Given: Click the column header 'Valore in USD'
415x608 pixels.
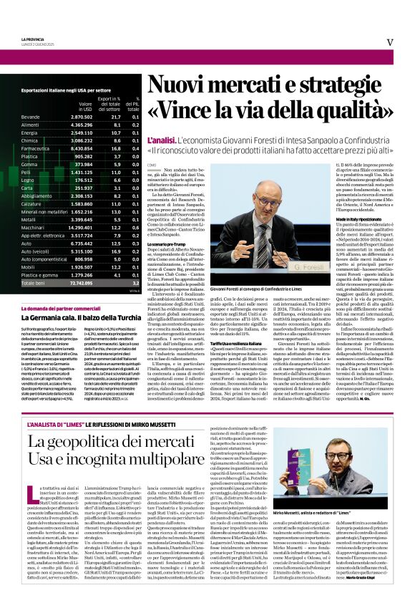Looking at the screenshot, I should pyautogui.click(x=84, y=105).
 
